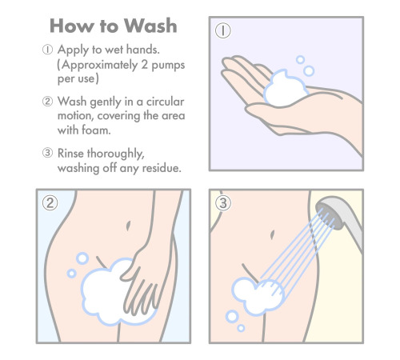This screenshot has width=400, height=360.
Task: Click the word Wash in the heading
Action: (x=150, y=26)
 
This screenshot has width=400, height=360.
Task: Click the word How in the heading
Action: (x=72, y=26)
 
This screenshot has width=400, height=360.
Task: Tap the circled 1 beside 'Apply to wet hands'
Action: (x=47, y=50)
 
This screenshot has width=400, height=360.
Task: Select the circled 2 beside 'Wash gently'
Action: (x=47, y=102)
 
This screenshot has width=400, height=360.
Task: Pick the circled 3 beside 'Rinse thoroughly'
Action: (x=47, y=153)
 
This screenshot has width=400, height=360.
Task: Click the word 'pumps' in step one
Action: (x=168, y=66)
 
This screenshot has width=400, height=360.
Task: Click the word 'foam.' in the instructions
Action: (x=96, y=130)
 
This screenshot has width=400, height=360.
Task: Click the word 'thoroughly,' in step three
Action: (x=116, y=154)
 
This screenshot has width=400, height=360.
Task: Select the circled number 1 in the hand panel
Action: (x=223, y=30)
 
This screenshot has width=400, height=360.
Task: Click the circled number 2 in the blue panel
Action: (x=50, y=203)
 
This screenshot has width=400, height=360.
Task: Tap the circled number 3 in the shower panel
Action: (x=223, y=203)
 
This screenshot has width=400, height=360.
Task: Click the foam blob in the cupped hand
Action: (x=286, y=89)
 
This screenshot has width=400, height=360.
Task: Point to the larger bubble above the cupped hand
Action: (x=309, y=71)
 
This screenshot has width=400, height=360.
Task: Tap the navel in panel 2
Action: (x=128, y=226)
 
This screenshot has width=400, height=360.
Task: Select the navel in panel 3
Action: (x=272, y=235)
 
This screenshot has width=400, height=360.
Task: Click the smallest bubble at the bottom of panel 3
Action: (x=241, y=328)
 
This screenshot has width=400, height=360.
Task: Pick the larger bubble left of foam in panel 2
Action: (x=82, y=258)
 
